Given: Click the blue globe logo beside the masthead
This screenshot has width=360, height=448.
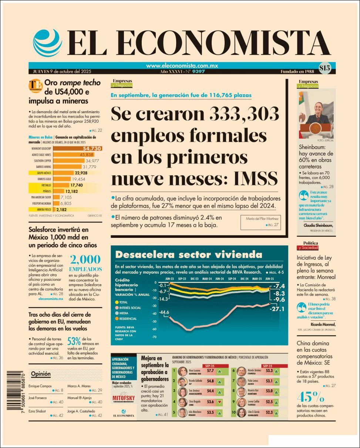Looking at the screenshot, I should click(47, 43).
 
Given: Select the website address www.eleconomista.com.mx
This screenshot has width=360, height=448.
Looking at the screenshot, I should click(182, 66).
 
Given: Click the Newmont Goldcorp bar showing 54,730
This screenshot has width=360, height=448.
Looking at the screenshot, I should click(78, 148).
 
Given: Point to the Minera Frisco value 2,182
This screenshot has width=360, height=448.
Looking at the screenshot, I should click(62, 209).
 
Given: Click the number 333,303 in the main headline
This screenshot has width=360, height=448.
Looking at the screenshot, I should click(244, 114).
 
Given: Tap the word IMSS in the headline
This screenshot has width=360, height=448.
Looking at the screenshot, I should click(255, 179).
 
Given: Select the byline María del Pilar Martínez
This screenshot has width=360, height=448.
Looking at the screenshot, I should click(263, 219).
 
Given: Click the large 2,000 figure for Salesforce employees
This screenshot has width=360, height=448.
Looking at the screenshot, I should click(85, 259).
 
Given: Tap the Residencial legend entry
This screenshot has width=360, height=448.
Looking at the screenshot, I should click(126, 319).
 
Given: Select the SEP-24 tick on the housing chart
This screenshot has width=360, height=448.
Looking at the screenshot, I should click(232, 279).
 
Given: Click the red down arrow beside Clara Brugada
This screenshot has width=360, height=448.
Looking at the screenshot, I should click(220, 402).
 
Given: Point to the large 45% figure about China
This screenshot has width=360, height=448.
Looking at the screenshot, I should click(311, 398).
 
